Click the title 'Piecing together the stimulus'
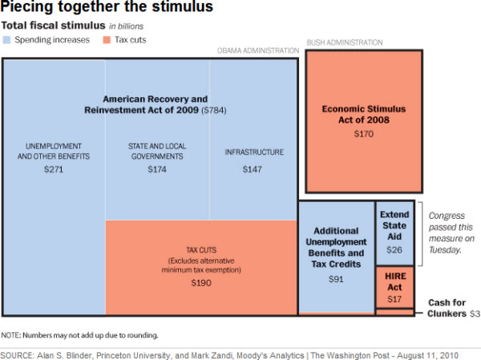coord(107,8)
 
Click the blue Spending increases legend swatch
coord(6,39)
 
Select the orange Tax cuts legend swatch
coord(106,39)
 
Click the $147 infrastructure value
coord(254,170)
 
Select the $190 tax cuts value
coord(200,283)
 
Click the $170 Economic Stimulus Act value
coord(363,133)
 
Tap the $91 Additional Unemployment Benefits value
coord(336,279)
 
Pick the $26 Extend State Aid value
coord(394,249)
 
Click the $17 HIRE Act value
coord(394,299)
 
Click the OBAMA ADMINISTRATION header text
coord(257,51)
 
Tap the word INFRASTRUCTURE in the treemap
coord(254,152)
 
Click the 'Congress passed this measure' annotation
coord(452,233)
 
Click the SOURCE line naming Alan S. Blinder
coord(229,354)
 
